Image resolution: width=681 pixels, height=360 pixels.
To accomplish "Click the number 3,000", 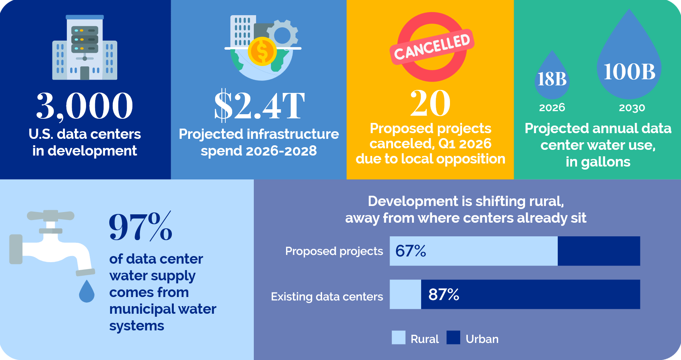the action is [85, 106].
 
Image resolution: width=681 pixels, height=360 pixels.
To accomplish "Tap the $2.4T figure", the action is [260, 105].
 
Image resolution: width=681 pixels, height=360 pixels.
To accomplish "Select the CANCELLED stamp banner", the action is [432, 47].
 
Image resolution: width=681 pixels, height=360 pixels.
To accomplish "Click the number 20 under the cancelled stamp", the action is [430, 103].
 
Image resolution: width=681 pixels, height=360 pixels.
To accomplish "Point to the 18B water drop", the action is [552, 76].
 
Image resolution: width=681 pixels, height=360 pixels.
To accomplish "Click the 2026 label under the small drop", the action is [552, 108].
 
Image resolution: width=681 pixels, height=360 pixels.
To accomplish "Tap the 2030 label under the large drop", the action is [632, 108].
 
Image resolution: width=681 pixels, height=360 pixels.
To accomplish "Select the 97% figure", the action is [141, 226].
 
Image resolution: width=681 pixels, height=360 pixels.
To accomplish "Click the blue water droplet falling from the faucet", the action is [87, 291].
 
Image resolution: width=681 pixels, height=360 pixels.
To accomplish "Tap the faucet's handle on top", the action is [50, 215].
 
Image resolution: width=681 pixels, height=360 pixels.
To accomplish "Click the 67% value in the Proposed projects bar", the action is [410, 251].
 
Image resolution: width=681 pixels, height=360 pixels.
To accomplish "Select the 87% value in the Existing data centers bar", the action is [444, 294].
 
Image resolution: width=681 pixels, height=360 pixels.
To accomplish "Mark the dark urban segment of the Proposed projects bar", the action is [599, 251].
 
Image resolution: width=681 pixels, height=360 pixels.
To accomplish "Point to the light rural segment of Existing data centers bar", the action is [406, 294].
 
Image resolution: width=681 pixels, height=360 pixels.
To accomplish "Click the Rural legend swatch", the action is [399, 338].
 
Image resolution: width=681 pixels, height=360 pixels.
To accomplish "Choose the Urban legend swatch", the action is [453, 338].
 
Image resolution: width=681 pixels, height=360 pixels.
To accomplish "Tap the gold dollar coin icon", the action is [262, 51].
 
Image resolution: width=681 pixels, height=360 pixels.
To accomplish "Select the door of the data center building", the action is [85, 73].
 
